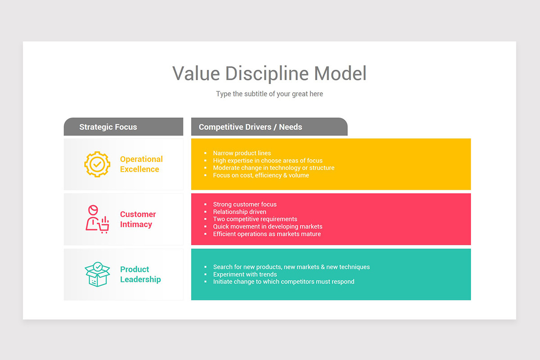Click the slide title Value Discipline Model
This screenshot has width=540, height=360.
tap(269, 73)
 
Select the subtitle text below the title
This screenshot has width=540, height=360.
tap(269, 94)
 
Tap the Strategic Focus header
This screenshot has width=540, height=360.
tap(108, 127)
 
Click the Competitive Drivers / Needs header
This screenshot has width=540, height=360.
tap(250, 127)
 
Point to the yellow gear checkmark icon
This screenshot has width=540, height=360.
tap(97, 164)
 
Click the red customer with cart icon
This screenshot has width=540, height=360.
tap(97, 219)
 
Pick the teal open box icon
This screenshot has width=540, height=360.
tap(97, 274)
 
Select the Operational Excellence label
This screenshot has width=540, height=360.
tap(141, 164)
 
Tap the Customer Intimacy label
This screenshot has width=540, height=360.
tap(138, 219)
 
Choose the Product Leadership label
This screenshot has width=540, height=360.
tap(140, 274)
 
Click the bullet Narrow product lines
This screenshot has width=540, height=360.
tap(242, 153)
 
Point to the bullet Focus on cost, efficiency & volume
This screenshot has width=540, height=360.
tap(261, 175)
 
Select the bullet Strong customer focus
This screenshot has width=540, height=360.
tap(245, 205)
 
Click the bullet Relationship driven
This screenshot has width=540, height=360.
tap(239, 212)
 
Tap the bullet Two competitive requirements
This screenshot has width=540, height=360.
tap(255, 219)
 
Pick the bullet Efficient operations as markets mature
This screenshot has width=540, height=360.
tap(267, 234)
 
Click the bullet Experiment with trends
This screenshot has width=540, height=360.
tap(245, 274)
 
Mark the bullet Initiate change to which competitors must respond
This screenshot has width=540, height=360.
tap(283, 282)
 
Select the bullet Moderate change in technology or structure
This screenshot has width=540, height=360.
tap(274, 168)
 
